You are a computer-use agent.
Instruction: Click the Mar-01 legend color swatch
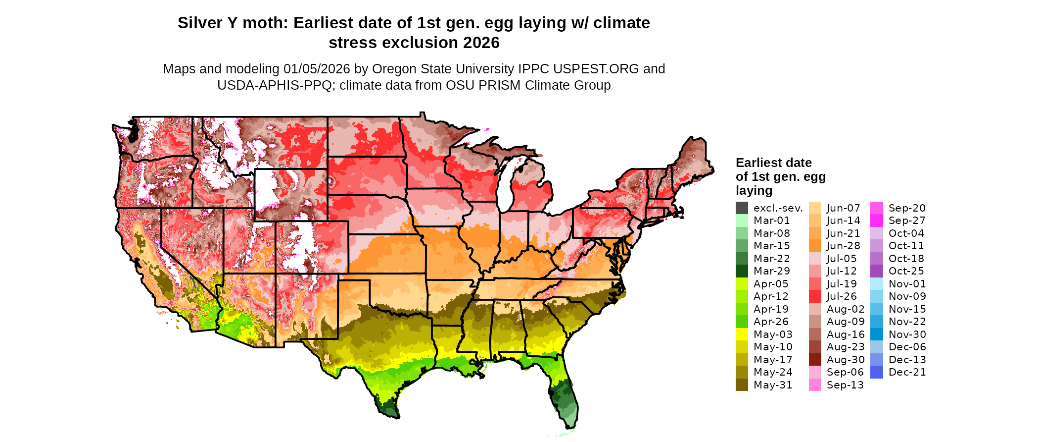[742, 221]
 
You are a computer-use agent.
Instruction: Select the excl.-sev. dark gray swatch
[742, 208]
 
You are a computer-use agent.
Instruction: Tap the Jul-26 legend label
[842, 296]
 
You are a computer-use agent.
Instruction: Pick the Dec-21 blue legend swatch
[876, 372]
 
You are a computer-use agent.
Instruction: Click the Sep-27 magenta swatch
[876, 221]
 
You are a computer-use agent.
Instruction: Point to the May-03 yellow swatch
[742, 334]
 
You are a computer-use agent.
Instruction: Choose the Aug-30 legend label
[846, 360]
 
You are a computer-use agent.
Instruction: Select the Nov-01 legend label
[907, 284]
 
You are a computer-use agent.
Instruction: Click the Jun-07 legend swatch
[815, 208]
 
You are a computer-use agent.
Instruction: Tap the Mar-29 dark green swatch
[742, 271]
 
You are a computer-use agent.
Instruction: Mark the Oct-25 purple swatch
[876, 271]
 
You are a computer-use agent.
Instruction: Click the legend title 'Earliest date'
[773, 163]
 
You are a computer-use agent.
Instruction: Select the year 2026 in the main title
[481, 43]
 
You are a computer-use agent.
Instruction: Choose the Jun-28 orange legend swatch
[815, 246]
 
